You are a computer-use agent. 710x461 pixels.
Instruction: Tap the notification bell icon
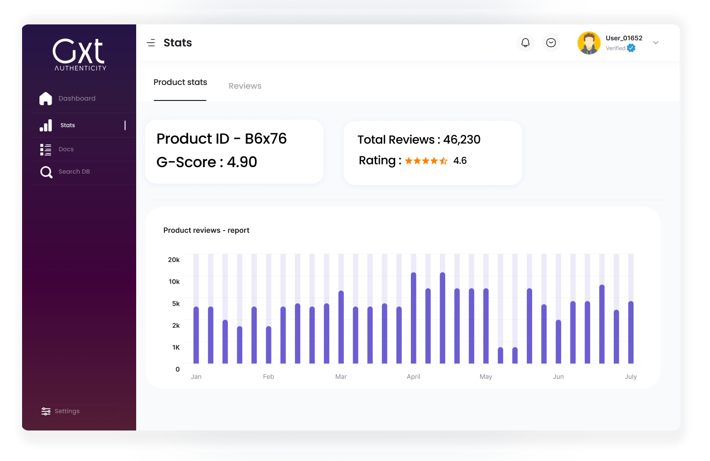click(525, 43)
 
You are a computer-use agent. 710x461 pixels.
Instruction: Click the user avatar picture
click(589, 43)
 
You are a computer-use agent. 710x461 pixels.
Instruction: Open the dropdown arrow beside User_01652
click(656, 43)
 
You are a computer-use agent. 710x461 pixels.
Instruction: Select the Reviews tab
click(245, 86)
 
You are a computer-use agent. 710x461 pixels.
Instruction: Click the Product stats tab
click(180, 83)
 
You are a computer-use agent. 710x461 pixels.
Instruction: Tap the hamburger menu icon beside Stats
click(151, 43)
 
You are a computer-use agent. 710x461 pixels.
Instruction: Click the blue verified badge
click(631, 48)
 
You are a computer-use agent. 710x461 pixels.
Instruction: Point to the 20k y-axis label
click(174, 260)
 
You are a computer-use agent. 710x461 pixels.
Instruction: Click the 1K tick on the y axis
click(176, 347)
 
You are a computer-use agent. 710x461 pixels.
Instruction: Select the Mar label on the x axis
click(341, 376)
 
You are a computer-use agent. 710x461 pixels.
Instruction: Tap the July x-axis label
click(631, 376)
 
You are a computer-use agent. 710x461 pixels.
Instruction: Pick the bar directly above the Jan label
click(196, 335)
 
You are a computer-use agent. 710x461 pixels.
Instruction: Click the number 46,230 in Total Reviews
click(462, 140)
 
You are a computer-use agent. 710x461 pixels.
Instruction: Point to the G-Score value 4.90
click(242, 162)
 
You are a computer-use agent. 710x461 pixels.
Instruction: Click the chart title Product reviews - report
click(206, 230)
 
